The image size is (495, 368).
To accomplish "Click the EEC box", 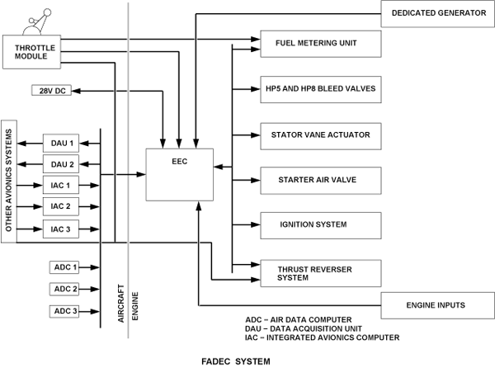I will click(x=180, y=174).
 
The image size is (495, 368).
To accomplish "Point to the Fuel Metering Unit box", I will click(x=321, y=43).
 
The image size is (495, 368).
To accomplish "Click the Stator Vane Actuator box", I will click(x=321, y=134).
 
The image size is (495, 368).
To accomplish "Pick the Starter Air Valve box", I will click(x=321, y=179).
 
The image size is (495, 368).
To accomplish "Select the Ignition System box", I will click(x=321, y=224).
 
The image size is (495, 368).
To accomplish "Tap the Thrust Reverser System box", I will click(x=321, y=271).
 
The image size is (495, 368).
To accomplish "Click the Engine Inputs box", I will click(x=436, y=305).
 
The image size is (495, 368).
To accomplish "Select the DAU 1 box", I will click(x=63, y=143).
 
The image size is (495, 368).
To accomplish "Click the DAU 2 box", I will click(x=63, y=163).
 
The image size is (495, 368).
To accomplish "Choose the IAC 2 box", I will click(x=63, y=206).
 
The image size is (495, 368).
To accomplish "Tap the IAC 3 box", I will click(x=63, y=229).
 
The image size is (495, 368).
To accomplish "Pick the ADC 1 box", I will click(x=63, y=267).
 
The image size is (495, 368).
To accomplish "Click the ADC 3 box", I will click(x=63, y=311).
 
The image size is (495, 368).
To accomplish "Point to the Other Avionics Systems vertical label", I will click(x=9, y=182).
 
